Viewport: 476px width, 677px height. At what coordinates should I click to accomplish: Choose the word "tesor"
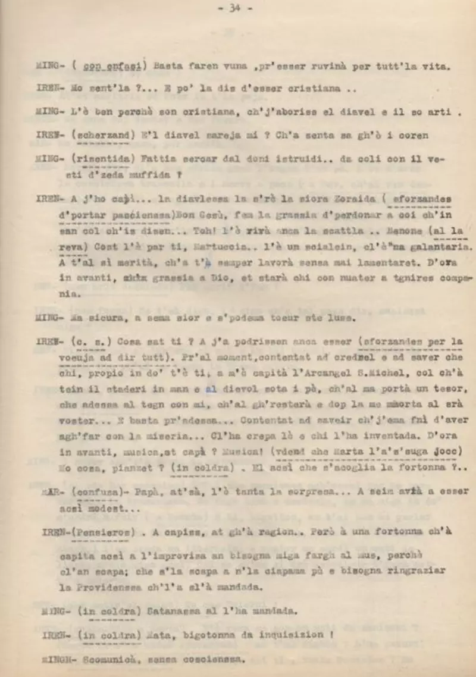[x=446, y=387]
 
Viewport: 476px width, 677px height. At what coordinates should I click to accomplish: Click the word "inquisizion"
[x=290, y=634]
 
